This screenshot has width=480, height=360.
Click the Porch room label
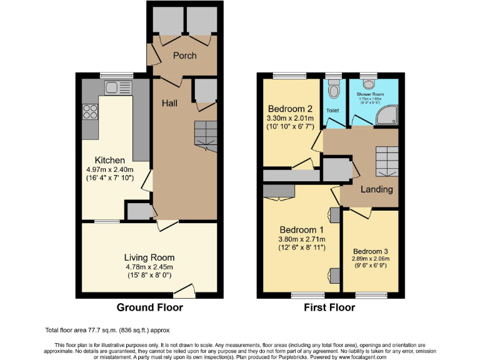pos(184,56)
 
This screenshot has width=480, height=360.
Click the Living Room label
pos(149,257)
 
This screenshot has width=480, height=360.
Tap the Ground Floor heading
pos(150,307)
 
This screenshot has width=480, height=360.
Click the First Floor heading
pos(329,307)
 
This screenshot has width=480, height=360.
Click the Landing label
pos(377,189)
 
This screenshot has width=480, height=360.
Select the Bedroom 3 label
pos(371,253)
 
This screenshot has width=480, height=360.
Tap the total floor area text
pos(107,330)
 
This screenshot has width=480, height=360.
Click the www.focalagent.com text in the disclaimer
pos(356,357)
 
